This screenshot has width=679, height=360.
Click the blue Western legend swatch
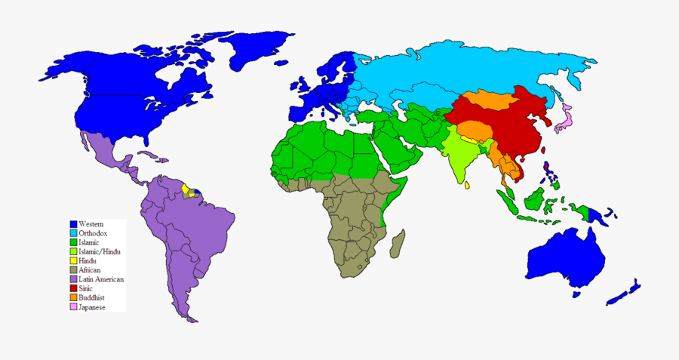pos(74,225)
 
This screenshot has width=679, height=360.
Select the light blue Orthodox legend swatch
pos(74,234)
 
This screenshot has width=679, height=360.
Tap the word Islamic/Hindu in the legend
pos(100,251)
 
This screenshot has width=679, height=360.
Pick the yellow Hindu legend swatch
pos(74,261)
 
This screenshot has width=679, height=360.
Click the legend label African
pos(90,270)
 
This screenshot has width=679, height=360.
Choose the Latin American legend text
pos(101,279)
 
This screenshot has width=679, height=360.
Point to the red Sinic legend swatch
pos(74,288)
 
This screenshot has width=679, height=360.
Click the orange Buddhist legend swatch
pos(74,297)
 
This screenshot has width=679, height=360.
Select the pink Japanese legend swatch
pos(74,307)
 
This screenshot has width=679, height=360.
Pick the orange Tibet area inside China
pos(472,130)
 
